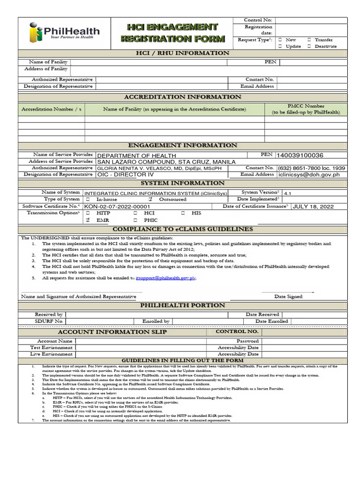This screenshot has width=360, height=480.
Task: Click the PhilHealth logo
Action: pyautogui.click(x=64, y=32)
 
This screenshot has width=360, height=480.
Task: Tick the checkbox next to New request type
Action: pyautogui.click(x=280, y=40)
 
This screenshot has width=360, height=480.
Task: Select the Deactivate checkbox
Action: pyautogui.click(x=309, y=46)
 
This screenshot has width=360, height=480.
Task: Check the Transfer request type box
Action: pyautogui.click(x=309, y=40)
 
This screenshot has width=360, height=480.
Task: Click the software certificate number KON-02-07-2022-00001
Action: pyautogui.click(x=117, y=206)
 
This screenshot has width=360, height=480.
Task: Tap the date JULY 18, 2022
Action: pyautogui.click(x=313, y=206)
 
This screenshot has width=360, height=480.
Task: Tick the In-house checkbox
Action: pyautogui.click(x=87, y=199)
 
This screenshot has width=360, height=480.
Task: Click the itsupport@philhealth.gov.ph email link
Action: pyautogui.click(x=165, y=278)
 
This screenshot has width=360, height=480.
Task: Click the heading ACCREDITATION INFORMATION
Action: pyautogui.click(x=182, y=97)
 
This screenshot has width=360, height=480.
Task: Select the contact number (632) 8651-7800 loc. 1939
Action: pyautogui.click(x=311, y=168)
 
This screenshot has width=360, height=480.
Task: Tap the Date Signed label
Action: pyautogui.click(x=288, y=296)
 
